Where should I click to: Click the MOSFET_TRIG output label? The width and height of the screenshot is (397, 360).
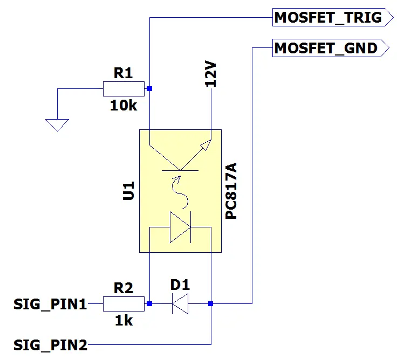click(333, 17)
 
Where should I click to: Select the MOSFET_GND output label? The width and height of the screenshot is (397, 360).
click(331, 48)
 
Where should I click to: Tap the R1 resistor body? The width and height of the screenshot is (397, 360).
click(124, 89)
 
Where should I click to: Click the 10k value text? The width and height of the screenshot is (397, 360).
click(124, 106)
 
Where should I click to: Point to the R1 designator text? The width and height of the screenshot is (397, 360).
click(123, 73)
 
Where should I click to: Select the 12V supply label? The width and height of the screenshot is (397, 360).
click(211, 74)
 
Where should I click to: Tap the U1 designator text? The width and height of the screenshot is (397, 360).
click(128, 191)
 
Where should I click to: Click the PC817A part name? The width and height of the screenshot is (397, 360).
click(231, 191)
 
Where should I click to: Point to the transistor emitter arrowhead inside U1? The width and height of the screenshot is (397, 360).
click(206, 145)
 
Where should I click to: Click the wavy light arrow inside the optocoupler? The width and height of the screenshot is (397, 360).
click(180, 192)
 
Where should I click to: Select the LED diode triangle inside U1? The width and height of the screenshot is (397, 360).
click(180, 227)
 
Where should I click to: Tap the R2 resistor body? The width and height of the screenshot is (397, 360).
click(124, 304)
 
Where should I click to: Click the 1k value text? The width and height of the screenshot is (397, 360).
click(124, 321)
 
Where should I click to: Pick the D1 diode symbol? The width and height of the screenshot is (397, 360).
click(180, 303)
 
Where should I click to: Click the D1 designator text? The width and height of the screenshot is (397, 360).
click(180, 285)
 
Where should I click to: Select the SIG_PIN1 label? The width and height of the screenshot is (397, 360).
click(50, 304)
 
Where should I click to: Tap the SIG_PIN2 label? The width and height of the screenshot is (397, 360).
click(50, 345)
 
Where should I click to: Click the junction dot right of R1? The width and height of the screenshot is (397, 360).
click(149, 88)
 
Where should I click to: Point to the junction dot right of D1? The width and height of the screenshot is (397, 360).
click(211, 303)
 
